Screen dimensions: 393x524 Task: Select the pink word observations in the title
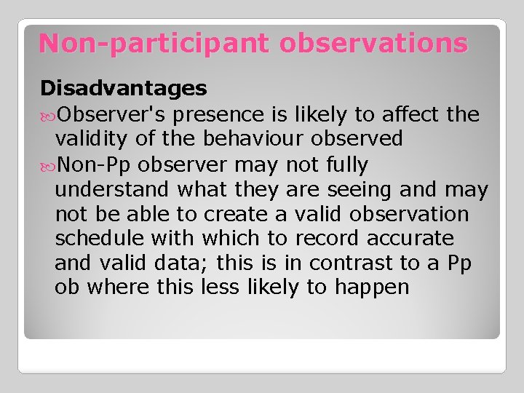click(373, 44)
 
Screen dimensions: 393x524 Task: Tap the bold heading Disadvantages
click(124, 89)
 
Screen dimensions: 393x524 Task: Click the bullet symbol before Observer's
click(47, 115)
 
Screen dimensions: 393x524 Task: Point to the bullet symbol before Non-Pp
click(47, 165)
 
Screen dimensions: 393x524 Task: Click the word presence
click(221, 114)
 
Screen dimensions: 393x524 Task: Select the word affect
click(410, 114)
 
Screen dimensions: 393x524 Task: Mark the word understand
click(112, 189)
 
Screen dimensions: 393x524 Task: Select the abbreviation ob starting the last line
click(67, 287)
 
